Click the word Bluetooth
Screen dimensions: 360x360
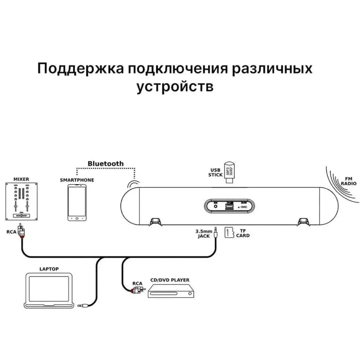pos(105,164)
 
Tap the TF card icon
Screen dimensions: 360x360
pos(229,232)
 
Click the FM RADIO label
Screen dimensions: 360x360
pos(348,181)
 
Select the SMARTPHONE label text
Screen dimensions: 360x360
pos(77,180)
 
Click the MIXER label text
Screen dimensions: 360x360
pos(21,179)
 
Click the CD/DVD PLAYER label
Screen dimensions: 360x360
pos(170,280)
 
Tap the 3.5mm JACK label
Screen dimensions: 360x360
pos(204,233)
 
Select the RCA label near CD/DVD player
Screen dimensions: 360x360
pos(137,283)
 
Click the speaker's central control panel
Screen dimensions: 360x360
pos(229,205)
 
